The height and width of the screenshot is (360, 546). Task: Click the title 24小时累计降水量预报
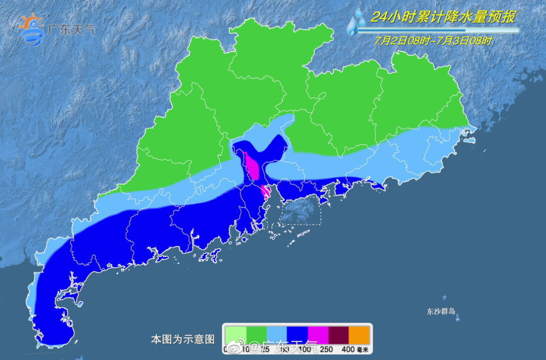443,17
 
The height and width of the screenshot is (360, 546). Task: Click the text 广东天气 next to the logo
71,29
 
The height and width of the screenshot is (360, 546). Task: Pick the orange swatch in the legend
360,334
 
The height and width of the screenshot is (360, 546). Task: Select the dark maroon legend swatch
339,334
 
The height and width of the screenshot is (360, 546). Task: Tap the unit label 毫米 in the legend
363,349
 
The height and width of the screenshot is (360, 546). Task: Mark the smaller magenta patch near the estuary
264,191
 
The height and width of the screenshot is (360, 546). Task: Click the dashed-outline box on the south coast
301,210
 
